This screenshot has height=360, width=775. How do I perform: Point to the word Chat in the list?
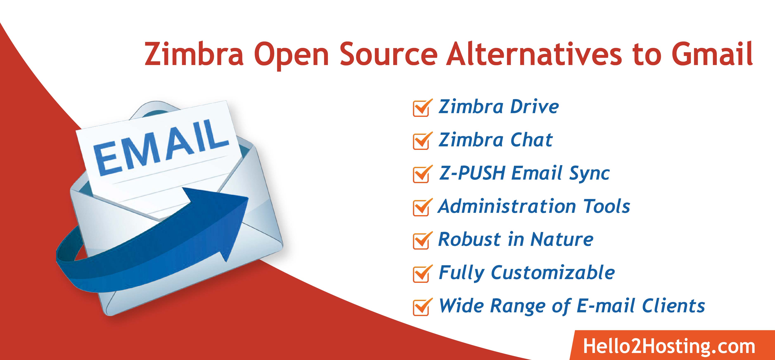[531, 140]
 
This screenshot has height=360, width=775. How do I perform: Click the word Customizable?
[553, 273]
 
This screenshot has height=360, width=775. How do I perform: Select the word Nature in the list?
[562, 239]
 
